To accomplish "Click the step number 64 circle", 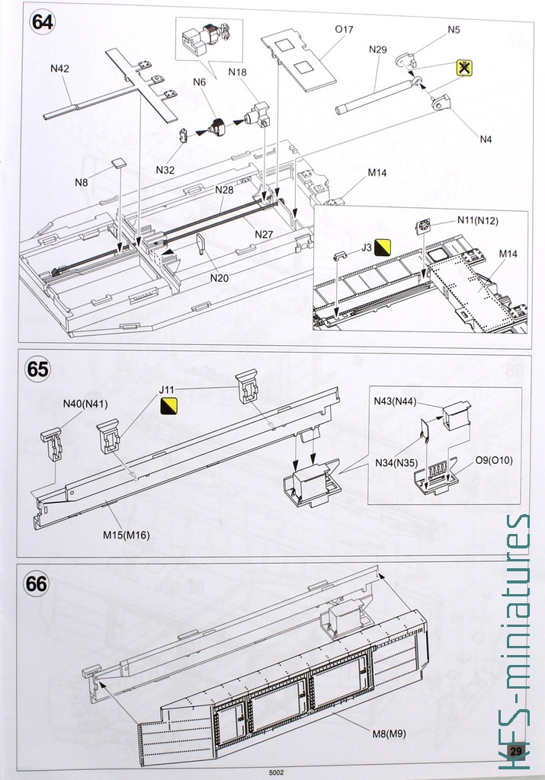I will coord(42,21).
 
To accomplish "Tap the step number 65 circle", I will coord(37,369).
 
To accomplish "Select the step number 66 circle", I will coord(37,584).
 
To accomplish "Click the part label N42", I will coord(60,68).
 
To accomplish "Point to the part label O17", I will coord(345,30).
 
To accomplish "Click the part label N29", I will coord(378,50).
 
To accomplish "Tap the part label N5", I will coord(454,30).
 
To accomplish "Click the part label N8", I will coord(82,182).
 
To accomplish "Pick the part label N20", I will coord(220,277).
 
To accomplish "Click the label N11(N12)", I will coord(478,220).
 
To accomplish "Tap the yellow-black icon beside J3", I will coord(383,246).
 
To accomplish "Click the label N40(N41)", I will coord(85,403).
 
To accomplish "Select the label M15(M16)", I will coord(127,535).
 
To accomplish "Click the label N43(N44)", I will coord(395,401).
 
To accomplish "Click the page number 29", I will coord(516,751).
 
